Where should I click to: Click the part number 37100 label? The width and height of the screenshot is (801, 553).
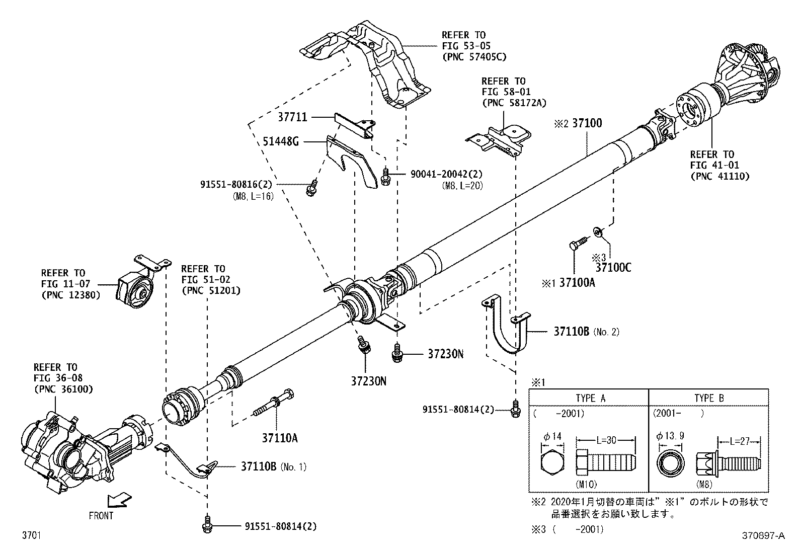587,123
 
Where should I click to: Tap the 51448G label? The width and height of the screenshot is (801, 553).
281,141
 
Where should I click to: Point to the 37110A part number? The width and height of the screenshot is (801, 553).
280,438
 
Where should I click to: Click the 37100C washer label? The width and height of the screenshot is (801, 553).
613,267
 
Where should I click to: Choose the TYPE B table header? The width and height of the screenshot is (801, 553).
708,398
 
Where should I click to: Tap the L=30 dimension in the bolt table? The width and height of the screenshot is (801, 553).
605,441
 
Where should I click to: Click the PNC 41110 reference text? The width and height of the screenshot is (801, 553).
720,176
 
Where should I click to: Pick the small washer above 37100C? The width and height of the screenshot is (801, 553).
598,231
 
